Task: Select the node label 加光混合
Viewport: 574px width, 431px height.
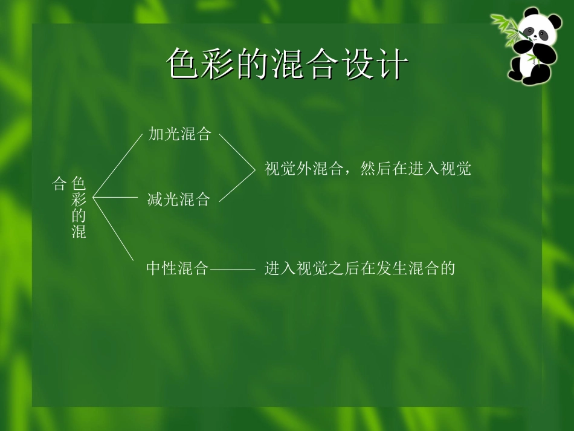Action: tap(180, 134)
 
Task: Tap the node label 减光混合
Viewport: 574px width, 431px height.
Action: tap(179, 199)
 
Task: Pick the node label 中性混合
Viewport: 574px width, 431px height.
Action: tap(177, 268)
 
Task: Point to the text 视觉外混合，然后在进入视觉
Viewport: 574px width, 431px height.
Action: tap(367, 169)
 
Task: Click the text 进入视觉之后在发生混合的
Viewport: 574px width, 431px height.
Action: tap(359, 268)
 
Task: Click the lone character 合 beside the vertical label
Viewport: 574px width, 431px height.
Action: tap(59, 183)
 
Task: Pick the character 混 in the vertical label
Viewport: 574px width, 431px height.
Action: tap(79, 232)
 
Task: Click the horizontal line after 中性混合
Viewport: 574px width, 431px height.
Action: tap(232, 268)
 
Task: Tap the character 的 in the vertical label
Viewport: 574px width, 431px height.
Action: tap(79, 215)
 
